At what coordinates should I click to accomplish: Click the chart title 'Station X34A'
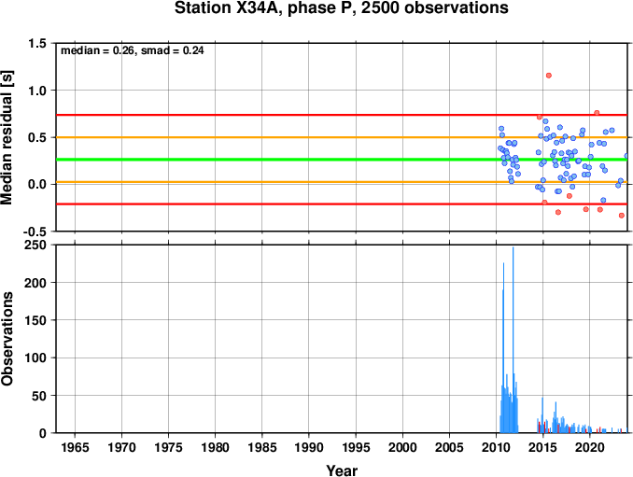coord(229,8)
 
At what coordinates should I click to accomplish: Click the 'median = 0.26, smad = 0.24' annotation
coord(132,50)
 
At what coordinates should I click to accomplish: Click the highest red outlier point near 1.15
coord(549,76)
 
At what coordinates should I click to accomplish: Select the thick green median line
coord(342,160)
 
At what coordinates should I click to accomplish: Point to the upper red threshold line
coord(342,115)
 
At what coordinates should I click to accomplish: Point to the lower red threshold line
coord(342,203)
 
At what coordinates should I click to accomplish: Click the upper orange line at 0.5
coord(342,137)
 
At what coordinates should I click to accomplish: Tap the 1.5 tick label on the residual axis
coord(37,43)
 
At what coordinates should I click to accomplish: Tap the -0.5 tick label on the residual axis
coord(35,231)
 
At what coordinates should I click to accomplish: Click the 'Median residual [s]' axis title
coord(7,137)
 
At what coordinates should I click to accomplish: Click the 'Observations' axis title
coord(7,339)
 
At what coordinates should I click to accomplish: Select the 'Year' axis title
coord(342,470)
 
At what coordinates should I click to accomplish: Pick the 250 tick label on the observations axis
coord(35,245)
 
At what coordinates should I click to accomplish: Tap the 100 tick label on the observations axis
coord(35,358)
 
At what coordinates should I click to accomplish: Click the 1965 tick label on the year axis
coord(75,447)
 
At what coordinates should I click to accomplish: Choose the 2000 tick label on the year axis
coord(402,447)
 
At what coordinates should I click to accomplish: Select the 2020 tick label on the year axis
coord(590,447)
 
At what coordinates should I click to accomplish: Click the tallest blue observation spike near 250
coord(513,340)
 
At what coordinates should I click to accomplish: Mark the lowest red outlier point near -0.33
coord(622,216)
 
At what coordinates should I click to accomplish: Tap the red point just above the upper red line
coord(597,113)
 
